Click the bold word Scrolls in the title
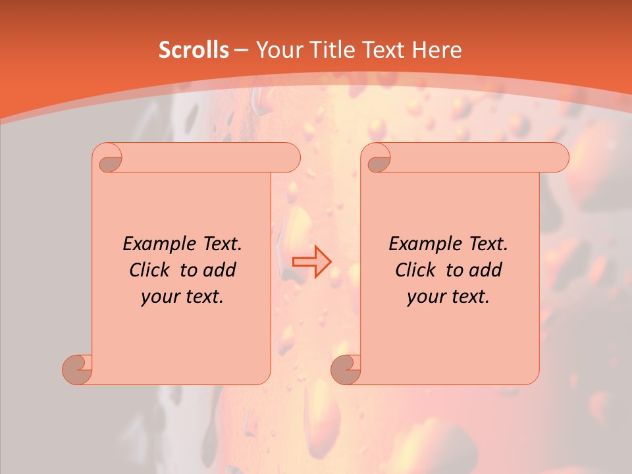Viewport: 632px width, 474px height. click(x=194, y=50)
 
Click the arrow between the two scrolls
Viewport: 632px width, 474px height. click(x=312, y=261)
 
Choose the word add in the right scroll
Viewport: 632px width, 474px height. click(x=485, y=270)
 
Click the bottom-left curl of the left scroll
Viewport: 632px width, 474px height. click(x=78, y=369)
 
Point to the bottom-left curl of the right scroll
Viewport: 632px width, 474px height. click(x=346, y=369)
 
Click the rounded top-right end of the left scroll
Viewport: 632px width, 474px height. click(x=290, y=158)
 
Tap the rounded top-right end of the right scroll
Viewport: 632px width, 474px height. click(x=558, y=158)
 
